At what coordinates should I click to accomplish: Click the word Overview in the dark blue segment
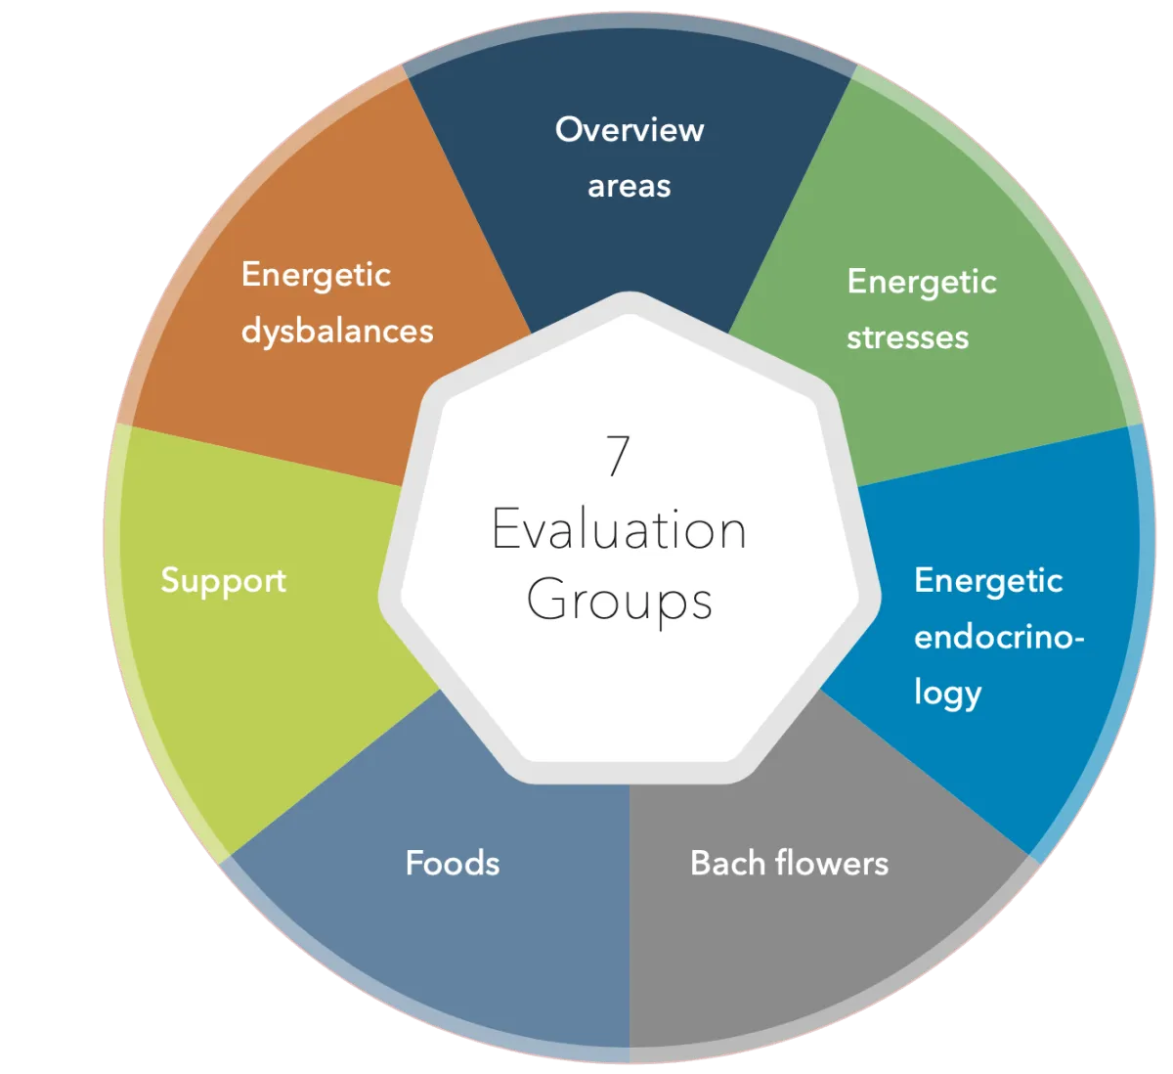pyautogui.click(x=630, y=129)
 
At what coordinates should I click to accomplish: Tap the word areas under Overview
pyautogui.click(x=630, y=186)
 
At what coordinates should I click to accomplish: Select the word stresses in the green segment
pyautogui.click(x=907, y=337)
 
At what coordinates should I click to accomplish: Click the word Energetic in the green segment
pyautogui.click(x=922, y=282)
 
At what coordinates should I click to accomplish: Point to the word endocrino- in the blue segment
pyautogui.click(x=999, y=637)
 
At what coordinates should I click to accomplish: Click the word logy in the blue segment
pyautogui.click(x=947, y=694)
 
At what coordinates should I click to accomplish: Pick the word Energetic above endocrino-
pyautogui.click(x=988, y=581)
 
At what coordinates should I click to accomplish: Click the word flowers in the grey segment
pyautogui.click(x=832, y=863)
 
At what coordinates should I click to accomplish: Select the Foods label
pyautogui.click(x=453, y=863)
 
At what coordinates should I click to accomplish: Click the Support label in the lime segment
pyautogui.click(x=223, y=581)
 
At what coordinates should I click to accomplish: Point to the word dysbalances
pyautogui.click(x=337, y=332)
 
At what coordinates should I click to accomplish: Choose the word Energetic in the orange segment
pyautogui.click(x=316, y=275)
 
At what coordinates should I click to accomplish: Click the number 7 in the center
pyautogui.click(x=618, y=456)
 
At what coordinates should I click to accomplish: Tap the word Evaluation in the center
pyautogui.click(x=619, y=530)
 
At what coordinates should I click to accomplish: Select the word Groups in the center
pyautogui.click(x=619, y=600)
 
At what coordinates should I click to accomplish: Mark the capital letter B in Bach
pyautogui.click(x=700, y=863)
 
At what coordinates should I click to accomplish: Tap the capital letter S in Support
pyautogui.click(x=171, y=580)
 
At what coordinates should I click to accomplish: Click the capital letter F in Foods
pyautogui.click(x=414, y=863)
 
